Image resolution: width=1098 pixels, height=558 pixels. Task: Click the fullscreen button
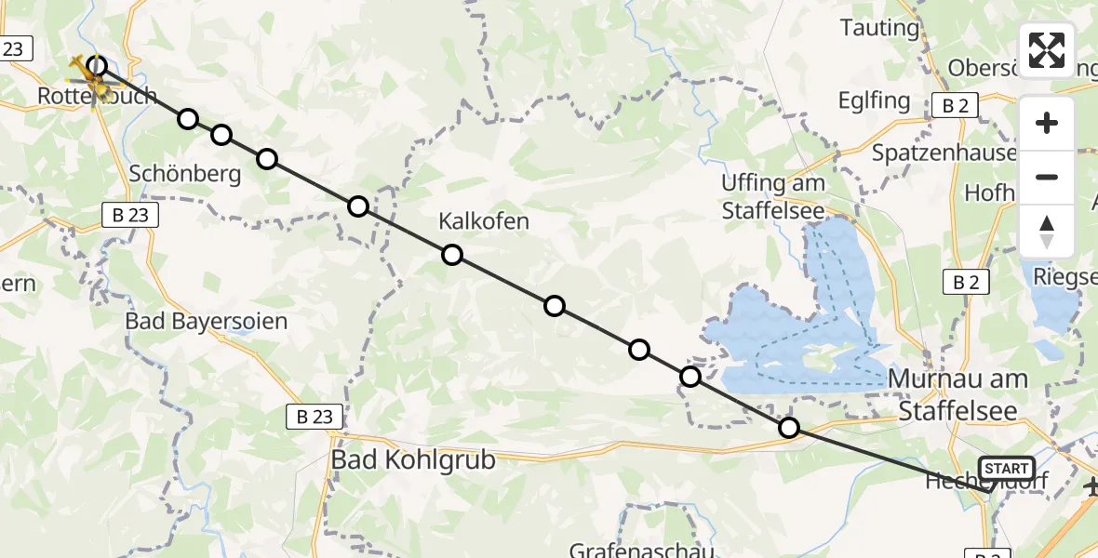(1047, 49)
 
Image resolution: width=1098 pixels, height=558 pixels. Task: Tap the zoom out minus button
(1047, 177)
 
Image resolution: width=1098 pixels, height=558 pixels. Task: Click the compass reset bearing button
(1047, 232)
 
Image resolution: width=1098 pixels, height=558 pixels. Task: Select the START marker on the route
(1006, 469)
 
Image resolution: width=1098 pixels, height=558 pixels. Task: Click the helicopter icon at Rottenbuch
(93, 80)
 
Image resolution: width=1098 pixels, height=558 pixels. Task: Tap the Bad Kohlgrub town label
(414, 459)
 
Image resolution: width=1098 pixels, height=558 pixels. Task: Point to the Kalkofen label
(484, 221)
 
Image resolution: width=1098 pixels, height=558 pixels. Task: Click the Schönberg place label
(185, 173)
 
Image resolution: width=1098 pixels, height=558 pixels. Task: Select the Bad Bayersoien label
(207, 322)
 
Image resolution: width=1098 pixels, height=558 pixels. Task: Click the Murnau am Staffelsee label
(959, 393)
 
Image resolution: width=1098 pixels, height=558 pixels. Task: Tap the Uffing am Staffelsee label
(773, 196)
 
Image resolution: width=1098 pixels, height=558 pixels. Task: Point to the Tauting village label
(879, 28)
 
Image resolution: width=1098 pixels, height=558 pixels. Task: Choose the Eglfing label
(875, 100)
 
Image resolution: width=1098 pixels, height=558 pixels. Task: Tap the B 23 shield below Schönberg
(131, 216)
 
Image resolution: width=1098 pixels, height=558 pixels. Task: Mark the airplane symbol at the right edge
(1091, 485)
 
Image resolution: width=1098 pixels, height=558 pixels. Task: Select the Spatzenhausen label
(944, 153)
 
